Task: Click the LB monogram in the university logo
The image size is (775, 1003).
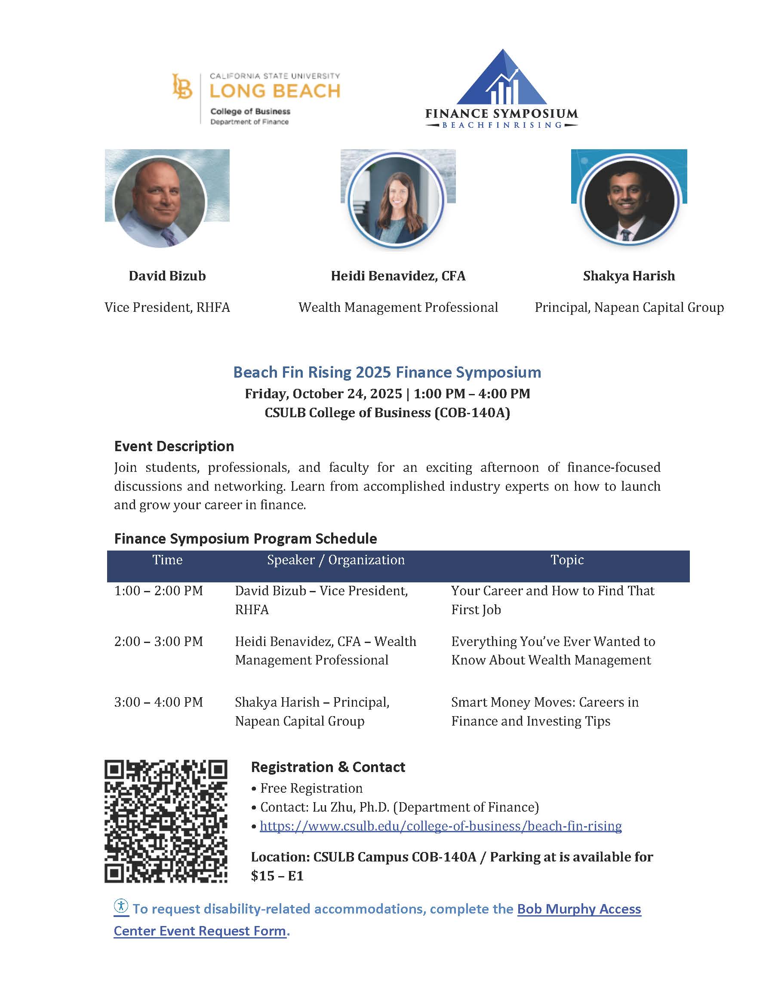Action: (182, 86)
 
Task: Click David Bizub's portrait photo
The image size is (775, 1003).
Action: (160, 202)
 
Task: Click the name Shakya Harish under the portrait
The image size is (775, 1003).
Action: (628, 276)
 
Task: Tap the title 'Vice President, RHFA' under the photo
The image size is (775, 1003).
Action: (167, 307)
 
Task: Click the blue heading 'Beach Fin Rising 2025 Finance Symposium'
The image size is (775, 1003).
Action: (387, 372)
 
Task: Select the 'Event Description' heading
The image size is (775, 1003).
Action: (174, 446)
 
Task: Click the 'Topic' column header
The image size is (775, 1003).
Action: (567, 560)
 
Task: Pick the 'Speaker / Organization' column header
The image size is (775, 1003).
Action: (335, 560)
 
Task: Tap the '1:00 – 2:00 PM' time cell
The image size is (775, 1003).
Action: (158, 591)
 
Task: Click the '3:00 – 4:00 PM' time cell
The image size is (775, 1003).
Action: (158, 702)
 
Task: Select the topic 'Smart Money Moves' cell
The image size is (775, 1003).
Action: (544, 711)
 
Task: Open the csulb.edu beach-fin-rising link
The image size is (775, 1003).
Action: (441, 826)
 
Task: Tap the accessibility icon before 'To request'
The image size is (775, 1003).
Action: (121, 906)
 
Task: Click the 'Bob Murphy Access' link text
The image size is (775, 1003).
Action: (579, 909)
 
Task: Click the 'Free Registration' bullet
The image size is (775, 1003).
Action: (311, 788)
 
